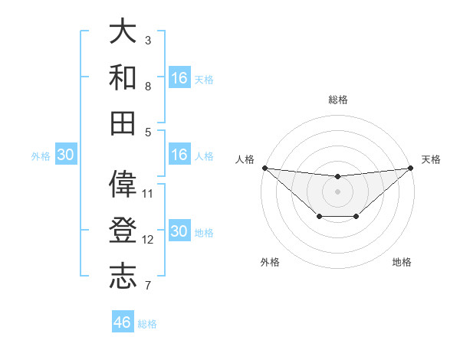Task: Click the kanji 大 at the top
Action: (123, 31)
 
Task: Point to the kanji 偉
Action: (123, 184)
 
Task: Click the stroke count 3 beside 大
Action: (148, 40)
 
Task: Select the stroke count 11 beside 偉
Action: (148, 193)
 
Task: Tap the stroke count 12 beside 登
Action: (148, 239)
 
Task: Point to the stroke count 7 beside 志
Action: (148, 286)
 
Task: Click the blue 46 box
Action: (123, 322)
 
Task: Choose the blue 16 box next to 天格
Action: (179, 78)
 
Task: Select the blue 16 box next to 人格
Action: (179, 155)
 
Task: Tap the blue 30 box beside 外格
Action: (66, 155)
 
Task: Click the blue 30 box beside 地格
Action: (179, 231)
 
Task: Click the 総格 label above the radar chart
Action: (338, 100)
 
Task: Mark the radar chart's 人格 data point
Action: (264, 168)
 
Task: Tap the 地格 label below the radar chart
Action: (402, 262)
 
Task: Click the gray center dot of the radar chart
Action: (337, 191)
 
